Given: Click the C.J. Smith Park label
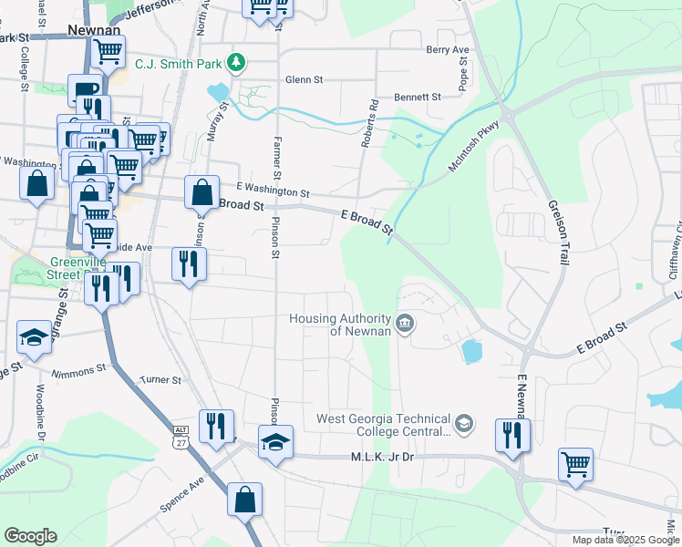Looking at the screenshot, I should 179,64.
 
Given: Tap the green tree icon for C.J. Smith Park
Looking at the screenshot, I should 237,63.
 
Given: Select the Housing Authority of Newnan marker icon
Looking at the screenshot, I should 405,323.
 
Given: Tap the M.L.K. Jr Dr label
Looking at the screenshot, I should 376,456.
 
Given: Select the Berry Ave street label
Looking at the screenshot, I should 447,49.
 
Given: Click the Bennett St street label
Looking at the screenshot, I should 418,97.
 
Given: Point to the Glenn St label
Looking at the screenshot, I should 304,80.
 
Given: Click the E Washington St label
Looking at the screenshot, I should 274,193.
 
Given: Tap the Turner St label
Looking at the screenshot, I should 161,379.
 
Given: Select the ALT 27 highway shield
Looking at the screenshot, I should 181,437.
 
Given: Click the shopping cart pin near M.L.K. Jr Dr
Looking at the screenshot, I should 575,465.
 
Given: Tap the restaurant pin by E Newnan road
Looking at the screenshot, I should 512,435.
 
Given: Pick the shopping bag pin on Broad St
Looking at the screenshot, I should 201,192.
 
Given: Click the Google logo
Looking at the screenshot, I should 30,536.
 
